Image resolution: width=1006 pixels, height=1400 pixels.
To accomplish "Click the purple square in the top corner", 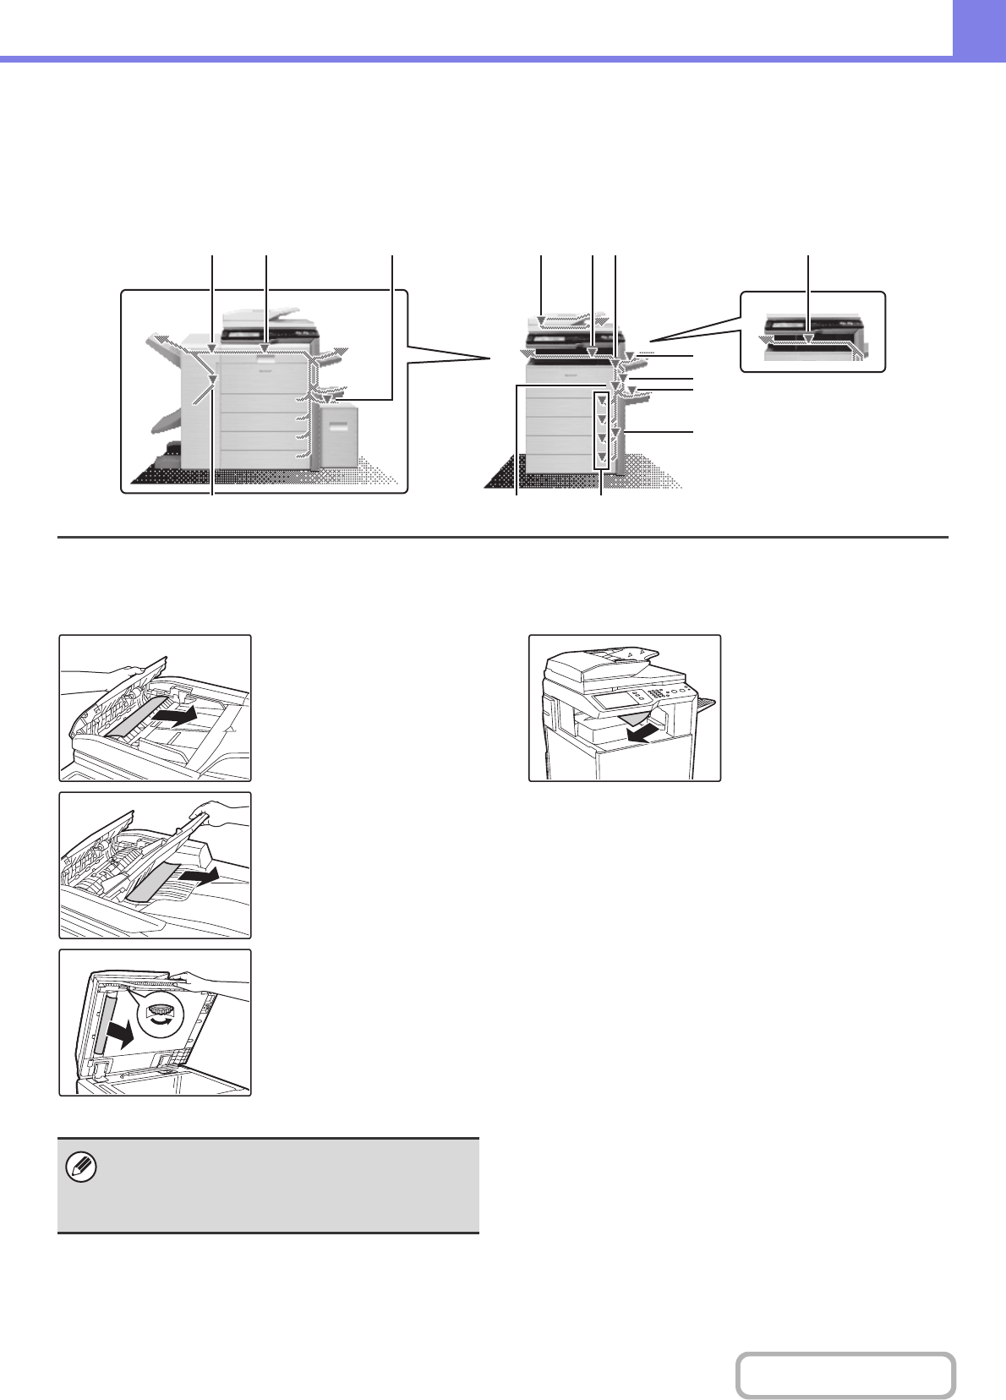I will (980, 28).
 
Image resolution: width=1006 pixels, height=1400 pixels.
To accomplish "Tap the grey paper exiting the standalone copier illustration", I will (630, 719).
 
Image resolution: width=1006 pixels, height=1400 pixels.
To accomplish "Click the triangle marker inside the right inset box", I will (809, 338).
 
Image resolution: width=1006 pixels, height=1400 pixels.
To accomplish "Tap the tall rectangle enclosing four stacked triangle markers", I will (601, 429).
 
